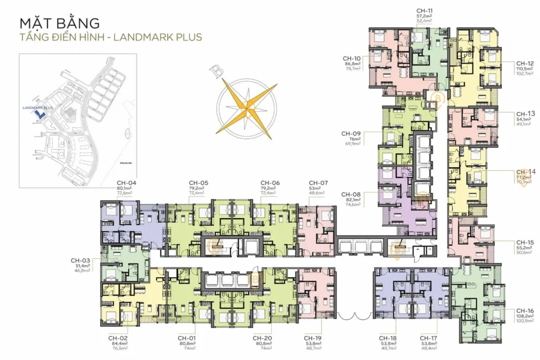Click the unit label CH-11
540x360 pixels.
pyautogui.click(x=425, y=11)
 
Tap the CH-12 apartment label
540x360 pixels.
pyautogui.click(x=525, y=63)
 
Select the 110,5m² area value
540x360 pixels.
pyautogui.click(x=525, y=70)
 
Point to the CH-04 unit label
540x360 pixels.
pyautogui.click(x=127, y=183)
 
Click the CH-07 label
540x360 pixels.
pyautogui.click(x=319, y=183)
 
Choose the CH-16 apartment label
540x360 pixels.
pyautogui.click(x=525, y=310)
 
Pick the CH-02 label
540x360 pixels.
pyautogui.click(x=119, y=338)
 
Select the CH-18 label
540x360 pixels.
pyautogui.click(x=389, y=338)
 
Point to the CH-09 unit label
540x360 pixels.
pyautogui.click(x=351, y=133)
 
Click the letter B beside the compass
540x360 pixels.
pyautogui.click(x=214, y=71)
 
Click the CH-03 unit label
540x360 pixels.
pyautogui.click(x=81, y=260)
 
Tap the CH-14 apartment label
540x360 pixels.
pyautogui.click(x=525, y=172)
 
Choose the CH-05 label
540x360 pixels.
pyautogui.click(x=199, y=183)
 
